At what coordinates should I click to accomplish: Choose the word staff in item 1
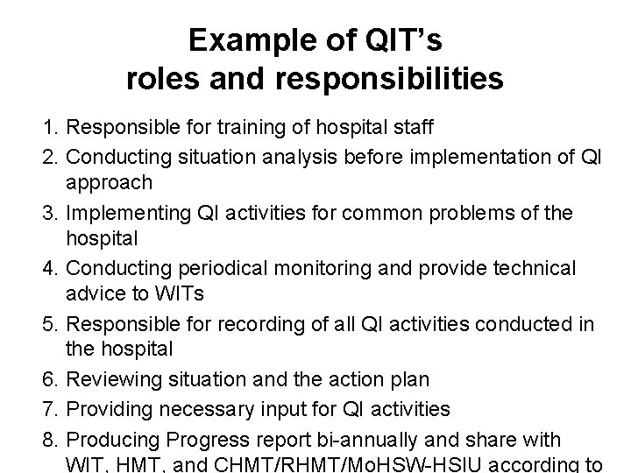point(411,128)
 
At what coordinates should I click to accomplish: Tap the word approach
point(110,183)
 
